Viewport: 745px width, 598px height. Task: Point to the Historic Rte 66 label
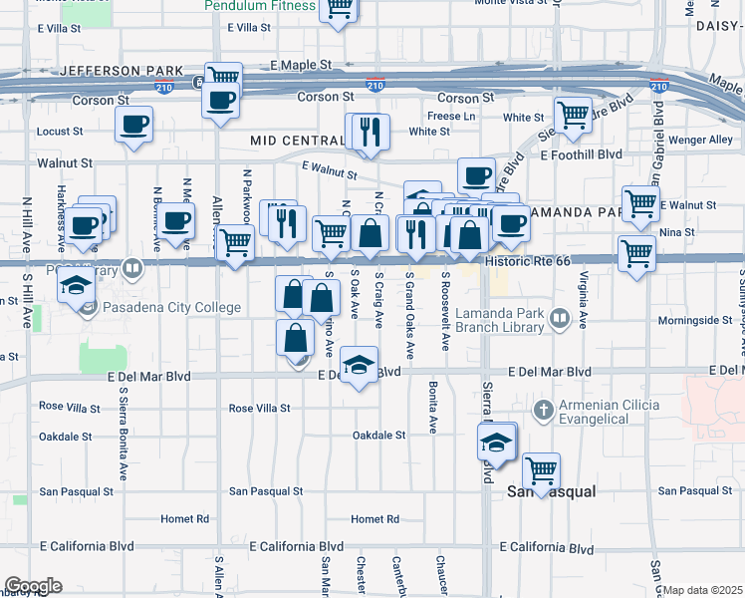click(528, 260)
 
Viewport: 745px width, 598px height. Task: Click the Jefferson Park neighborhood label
click(121, 72)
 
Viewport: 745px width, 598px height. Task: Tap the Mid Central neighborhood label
click(297, 142)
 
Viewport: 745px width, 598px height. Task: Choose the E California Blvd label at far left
click(86, 547)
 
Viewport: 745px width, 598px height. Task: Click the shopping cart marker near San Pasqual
click(541, 470)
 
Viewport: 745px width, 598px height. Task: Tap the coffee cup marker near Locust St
click(134, 126)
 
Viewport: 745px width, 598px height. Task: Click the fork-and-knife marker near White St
click(372, 131)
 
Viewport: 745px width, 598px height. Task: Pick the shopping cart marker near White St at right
click(573, 116)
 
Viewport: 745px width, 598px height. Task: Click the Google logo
click(33, 586)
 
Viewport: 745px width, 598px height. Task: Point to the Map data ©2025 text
click(702, 590)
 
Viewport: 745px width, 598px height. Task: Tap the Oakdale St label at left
click(65, 436)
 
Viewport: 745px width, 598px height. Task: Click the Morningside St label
click(697, 320)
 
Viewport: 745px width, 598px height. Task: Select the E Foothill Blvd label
click(581, 154)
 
